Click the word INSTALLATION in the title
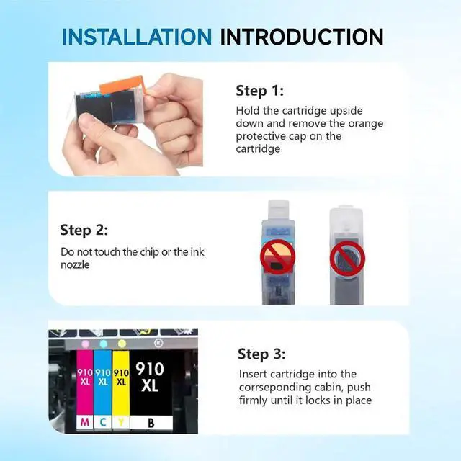(x=137, y=37)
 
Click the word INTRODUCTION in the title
(x=302, y=37)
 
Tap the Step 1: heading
(x=260, y=91)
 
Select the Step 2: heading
(x=84, y=230)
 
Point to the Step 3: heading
(x=261, y=354)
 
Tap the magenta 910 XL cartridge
(x=85, y=382)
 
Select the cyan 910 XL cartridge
(x=103, y=382)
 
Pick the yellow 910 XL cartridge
(x=121, y=382)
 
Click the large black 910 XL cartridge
(x=151, y=382)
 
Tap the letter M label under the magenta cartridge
(x=85, y=422)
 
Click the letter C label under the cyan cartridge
(x=103, y=422)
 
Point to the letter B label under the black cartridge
(x=151, y=423)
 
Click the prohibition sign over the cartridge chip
(x=277, y=256)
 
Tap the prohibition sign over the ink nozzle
(x=347, y=259)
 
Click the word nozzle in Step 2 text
(x=75, y=265)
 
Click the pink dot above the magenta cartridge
(x=85, y=344)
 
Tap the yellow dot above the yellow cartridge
(x=122, y=343)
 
